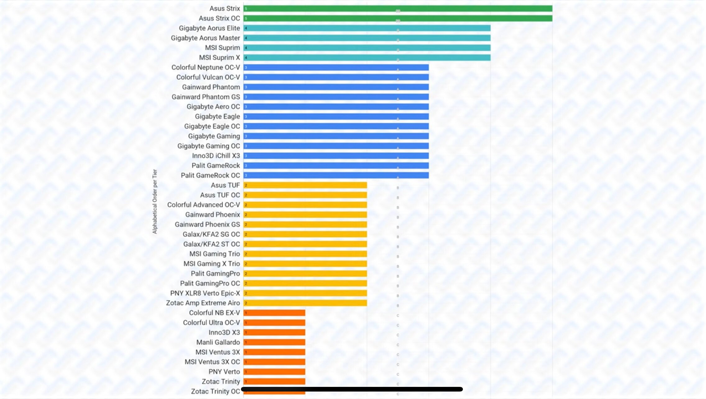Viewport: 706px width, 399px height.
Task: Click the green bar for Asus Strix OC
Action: [398, 18]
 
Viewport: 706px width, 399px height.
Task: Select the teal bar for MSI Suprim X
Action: [367, 57]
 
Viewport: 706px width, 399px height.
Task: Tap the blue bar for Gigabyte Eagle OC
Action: [336, 126]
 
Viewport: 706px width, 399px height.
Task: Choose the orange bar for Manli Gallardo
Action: [275, 342]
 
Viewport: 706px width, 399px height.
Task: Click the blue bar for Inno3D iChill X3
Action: [336, 156]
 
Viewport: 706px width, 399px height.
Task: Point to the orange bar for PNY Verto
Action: [275, 372]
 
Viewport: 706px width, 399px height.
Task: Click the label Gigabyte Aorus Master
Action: [205, 38]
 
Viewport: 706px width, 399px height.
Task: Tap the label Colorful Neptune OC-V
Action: [205, 67]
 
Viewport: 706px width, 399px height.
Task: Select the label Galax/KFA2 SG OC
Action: [211, 234]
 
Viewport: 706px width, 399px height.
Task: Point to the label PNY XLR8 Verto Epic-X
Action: [205, 293]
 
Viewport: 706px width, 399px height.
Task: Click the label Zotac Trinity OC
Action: [215, 391]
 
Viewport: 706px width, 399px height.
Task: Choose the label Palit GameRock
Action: [215, 166]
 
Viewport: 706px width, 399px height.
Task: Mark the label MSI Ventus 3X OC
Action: [212, 362]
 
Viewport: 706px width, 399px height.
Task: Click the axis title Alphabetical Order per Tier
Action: [155, 201]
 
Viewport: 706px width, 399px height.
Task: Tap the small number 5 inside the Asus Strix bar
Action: [246, 9]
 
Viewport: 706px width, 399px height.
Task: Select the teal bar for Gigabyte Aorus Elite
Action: [367, 28]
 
